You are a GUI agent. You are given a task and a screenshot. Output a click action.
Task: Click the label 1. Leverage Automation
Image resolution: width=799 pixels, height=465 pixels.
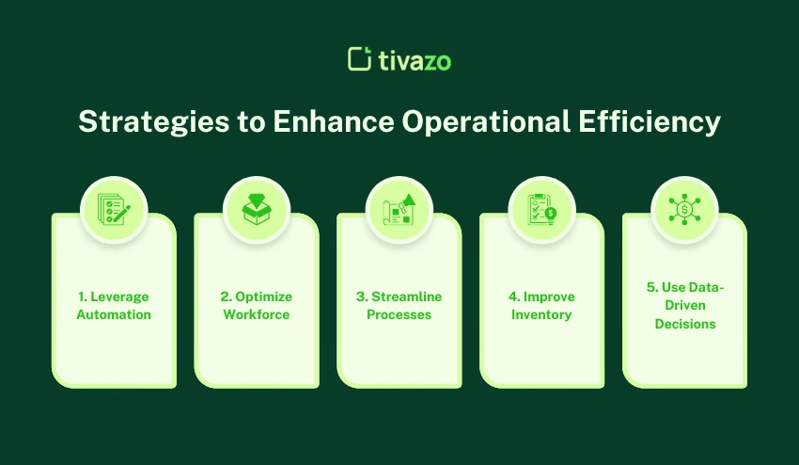point(114,305)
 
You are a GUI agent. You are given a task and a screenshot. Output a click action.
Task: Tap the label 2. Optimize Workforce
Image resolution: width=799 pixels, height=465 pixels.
point(257,305)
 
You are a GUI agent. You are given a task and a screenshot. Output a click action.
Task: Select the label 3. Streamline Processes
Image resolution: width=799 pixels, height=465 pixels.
point(399,305)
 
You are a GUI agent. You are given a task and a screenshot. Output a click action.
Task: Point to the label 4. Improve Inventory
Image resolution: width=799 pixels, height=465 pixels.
point(541,305)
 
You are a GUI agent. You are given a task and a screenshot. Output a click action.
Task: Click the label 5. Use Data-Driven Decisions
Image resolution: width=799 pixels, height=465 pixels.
point(685,305)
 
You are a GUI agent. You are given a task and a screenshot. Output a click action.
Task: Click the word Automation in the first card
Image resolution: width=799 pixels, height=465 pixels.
point(114,314)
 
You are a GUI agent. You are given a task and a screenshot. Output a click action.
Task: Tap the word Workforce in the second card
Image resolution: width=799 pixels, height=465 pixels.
point(257,314)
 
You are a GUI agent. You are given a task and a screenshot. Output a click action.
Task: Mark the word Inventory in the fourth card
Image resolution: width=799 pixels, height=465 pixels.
point(541,314)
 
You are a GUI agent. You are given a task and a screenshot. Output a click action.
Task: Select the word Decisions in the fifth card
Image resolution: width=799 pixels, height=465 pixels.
point(685,324)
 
